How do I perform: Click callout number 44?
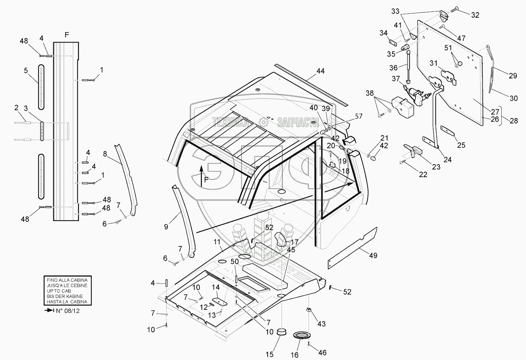(x=320, y=71)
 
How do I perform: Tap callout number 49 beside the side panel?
(x=373, y=256)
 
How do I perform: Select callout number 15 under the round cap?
(x=269, y=354)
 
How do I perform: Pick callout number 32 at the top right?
(x=475, y=15)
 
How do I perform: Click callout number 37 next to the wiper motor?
(x=396, y=79)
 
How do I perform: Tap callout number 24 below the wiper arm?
(x=448, y=160)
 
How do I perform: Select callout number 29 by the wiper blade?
(x=513, y=76)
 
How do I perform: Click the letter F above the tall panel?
(x=67, y=35)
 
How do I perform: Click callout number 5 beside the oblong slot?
(x=26, y=71)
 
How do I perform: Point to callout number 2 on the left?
(x=16, y=108)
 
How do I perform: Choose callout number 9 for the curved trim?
(x=166, y=227)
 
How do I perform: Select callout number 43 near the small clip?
(x=321, y=324)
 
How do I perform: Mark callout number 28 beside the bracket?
(x=514, y=120)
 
